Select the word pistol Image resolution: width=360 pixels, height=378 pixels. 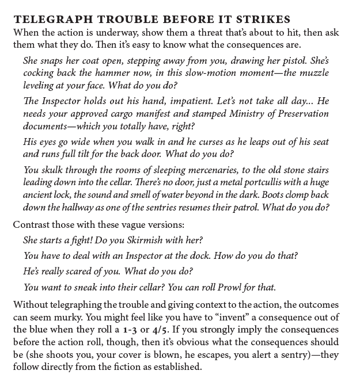click(x=294, y=59)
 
